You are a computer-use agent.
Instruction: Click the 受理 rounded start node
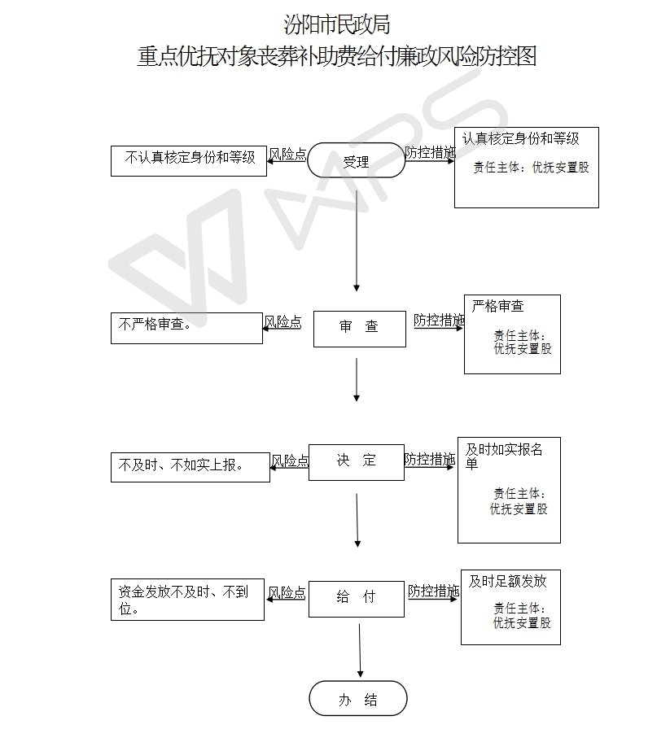click(356, 160)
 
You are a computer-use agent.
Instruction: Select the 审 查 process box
click(359, 328)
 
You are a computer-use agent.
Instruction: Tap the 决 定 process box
click(356, 461)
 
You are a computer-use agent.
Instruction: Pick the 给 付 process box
click(356, 598)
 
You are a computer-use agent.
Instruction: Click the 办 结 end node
click(357, 699)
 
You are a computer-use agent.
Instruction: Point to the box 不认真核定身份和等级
click(189, 159)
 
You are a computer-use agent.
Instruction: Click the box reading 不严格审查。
click(186, 328)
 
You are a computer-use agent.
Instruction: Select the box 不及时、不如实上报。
click(190, 466)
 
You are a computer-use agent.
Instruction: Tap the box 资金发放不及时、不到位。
click(187, 600)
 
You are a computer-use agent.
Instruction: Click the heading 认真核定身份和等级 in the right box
click(521, 139)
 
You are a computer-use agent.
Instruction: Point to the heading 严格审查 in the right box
click(497, 307)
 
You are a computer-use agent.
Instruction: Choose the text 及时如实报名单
click(504, 456)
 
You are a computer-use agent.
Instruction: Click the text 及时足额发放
click(507, 581)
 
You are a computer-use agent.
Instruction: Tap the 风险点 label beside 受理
click(287, 155)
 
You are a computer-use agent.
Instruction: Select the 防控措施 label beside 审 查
click(438, 321)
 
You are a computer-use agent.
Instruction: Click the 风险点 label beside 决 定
click(289, 461)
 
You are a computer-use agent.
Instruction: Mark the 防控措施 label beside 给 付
click(433, 591)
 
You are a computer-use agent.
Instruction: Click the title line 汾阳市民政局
click(336, 24)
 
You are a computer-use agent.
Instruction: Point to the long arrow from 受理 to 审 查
click(357, 236)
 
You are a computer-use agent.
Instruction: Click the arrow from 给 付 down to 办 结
click(360, 648)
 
